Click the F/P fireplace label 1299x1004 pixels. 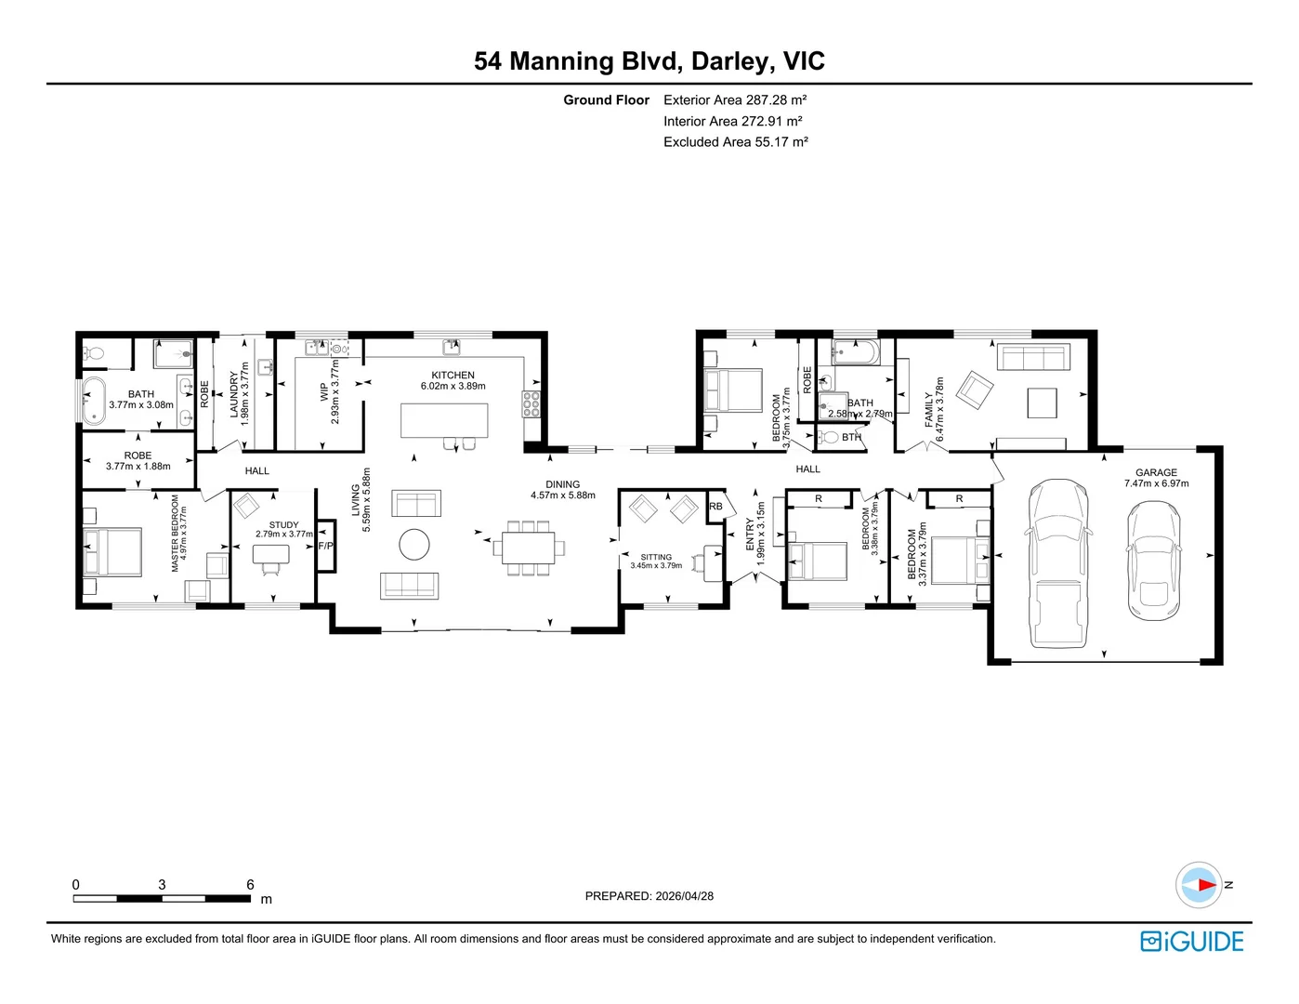(x=325, y=546)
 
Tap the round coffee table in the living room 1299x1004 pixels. (x=413, y=544)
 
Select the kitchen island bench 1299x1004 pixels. (x=444, y=420)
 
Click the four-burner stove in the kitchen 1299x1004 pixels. (x=531, y=404)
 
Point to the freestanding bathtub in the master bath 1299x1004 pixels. (x=94, y=401)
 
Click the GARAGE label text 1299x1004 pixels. (x=1156, y=472)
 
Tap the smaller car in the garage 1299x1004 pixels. (x=1154, y=560)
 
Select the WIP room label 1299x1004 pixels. (x=324, y=391)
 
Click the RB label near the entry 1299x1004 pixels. (x=715, y=506)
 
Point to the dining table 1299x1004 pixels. (x=529, y=548)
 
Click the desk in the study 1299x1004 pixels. (x=270, y=554)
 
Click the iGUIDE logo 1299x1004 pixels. (x=1191, y=941)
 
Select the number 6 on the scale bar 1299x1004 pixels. (x=250, y=884)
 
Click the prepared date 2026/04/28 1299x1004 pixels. (x=684, y=896)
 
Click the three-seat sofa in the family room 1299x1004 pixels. (x=1033, y=357)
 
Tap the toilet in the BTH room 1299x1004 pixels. (x=828, y=437)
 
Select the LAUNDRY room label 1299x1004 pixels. (x=234, y=394)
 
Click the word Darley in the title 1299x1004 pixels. (x=729, y=61)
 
